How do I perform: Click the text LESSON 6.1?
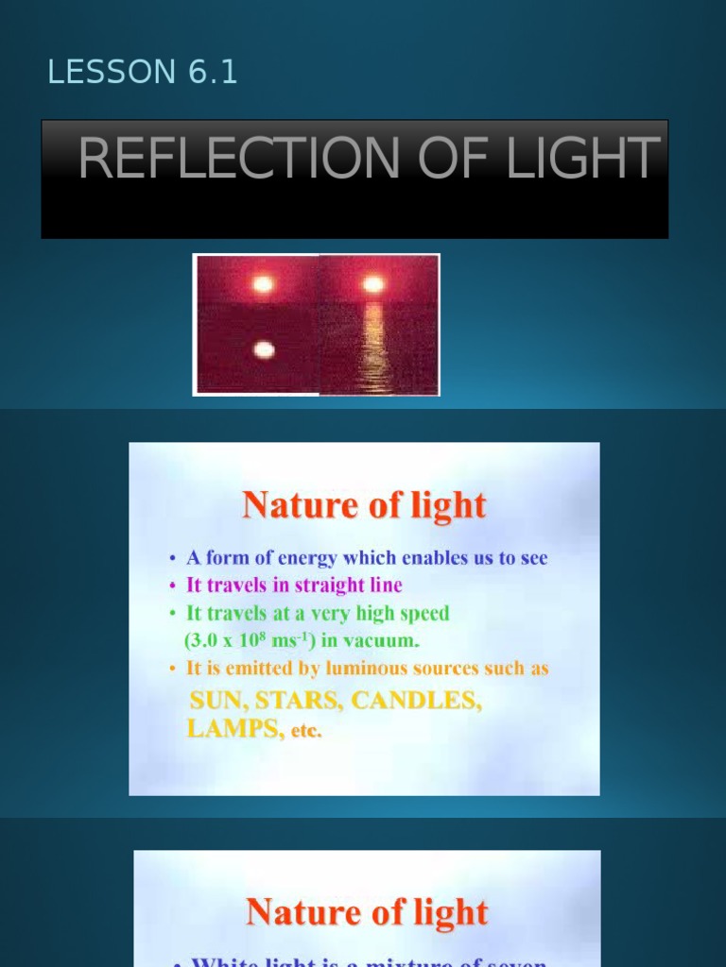[143, 73]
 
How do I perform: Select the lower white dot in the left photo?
[264, 350]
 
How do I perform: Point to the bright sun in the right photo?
[373, 284]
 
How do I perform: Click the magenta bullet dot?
[172, 585]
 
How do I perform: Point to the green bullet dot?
[172, 613]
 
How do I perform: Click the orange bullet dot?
[172, 669]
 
